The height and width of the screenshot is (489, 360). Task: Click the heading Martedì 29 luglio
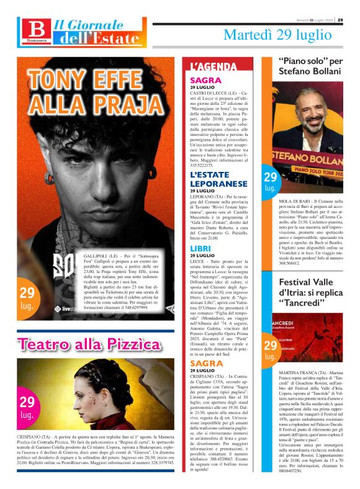277,35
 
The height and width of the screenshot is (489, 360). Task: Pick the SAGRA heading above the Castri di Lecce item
206,81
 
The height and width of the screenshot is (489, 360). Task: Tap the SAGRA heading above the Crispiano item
206,363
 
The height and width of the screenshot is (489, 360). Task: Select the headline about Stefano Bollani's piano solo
311,66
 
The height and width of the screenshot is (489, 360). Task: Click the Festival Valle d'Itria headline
311,292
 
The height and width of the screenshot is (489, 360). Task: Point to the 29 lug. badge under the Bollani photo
271,182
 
